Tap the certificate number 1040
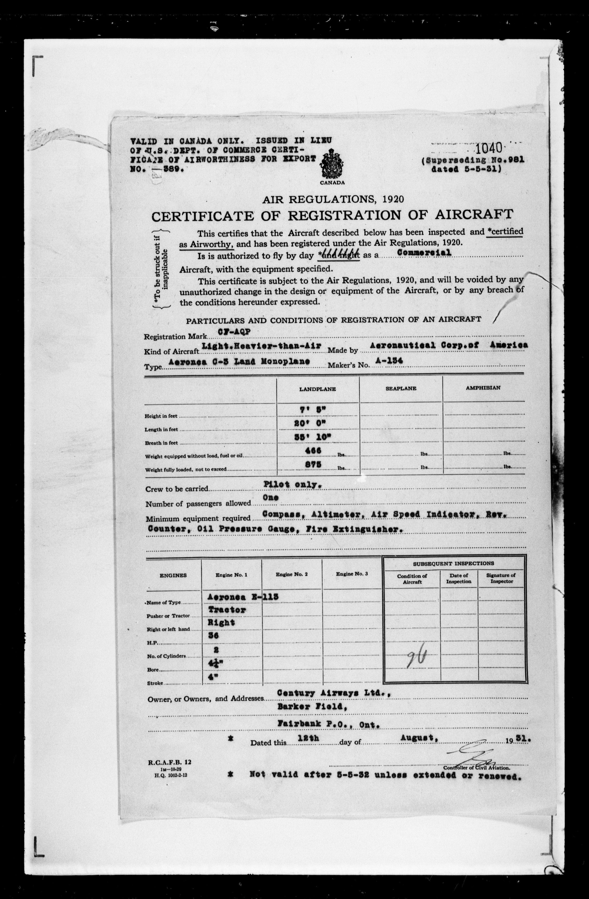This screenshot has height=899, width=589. tap(491, 148)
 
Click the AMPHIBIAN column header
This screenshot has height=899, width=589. tap(483, 388)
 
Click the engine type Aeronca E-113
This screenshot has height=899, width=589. tap(243, 597)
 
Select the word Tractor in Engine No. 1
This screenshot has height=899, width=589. tap(227, 610)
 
